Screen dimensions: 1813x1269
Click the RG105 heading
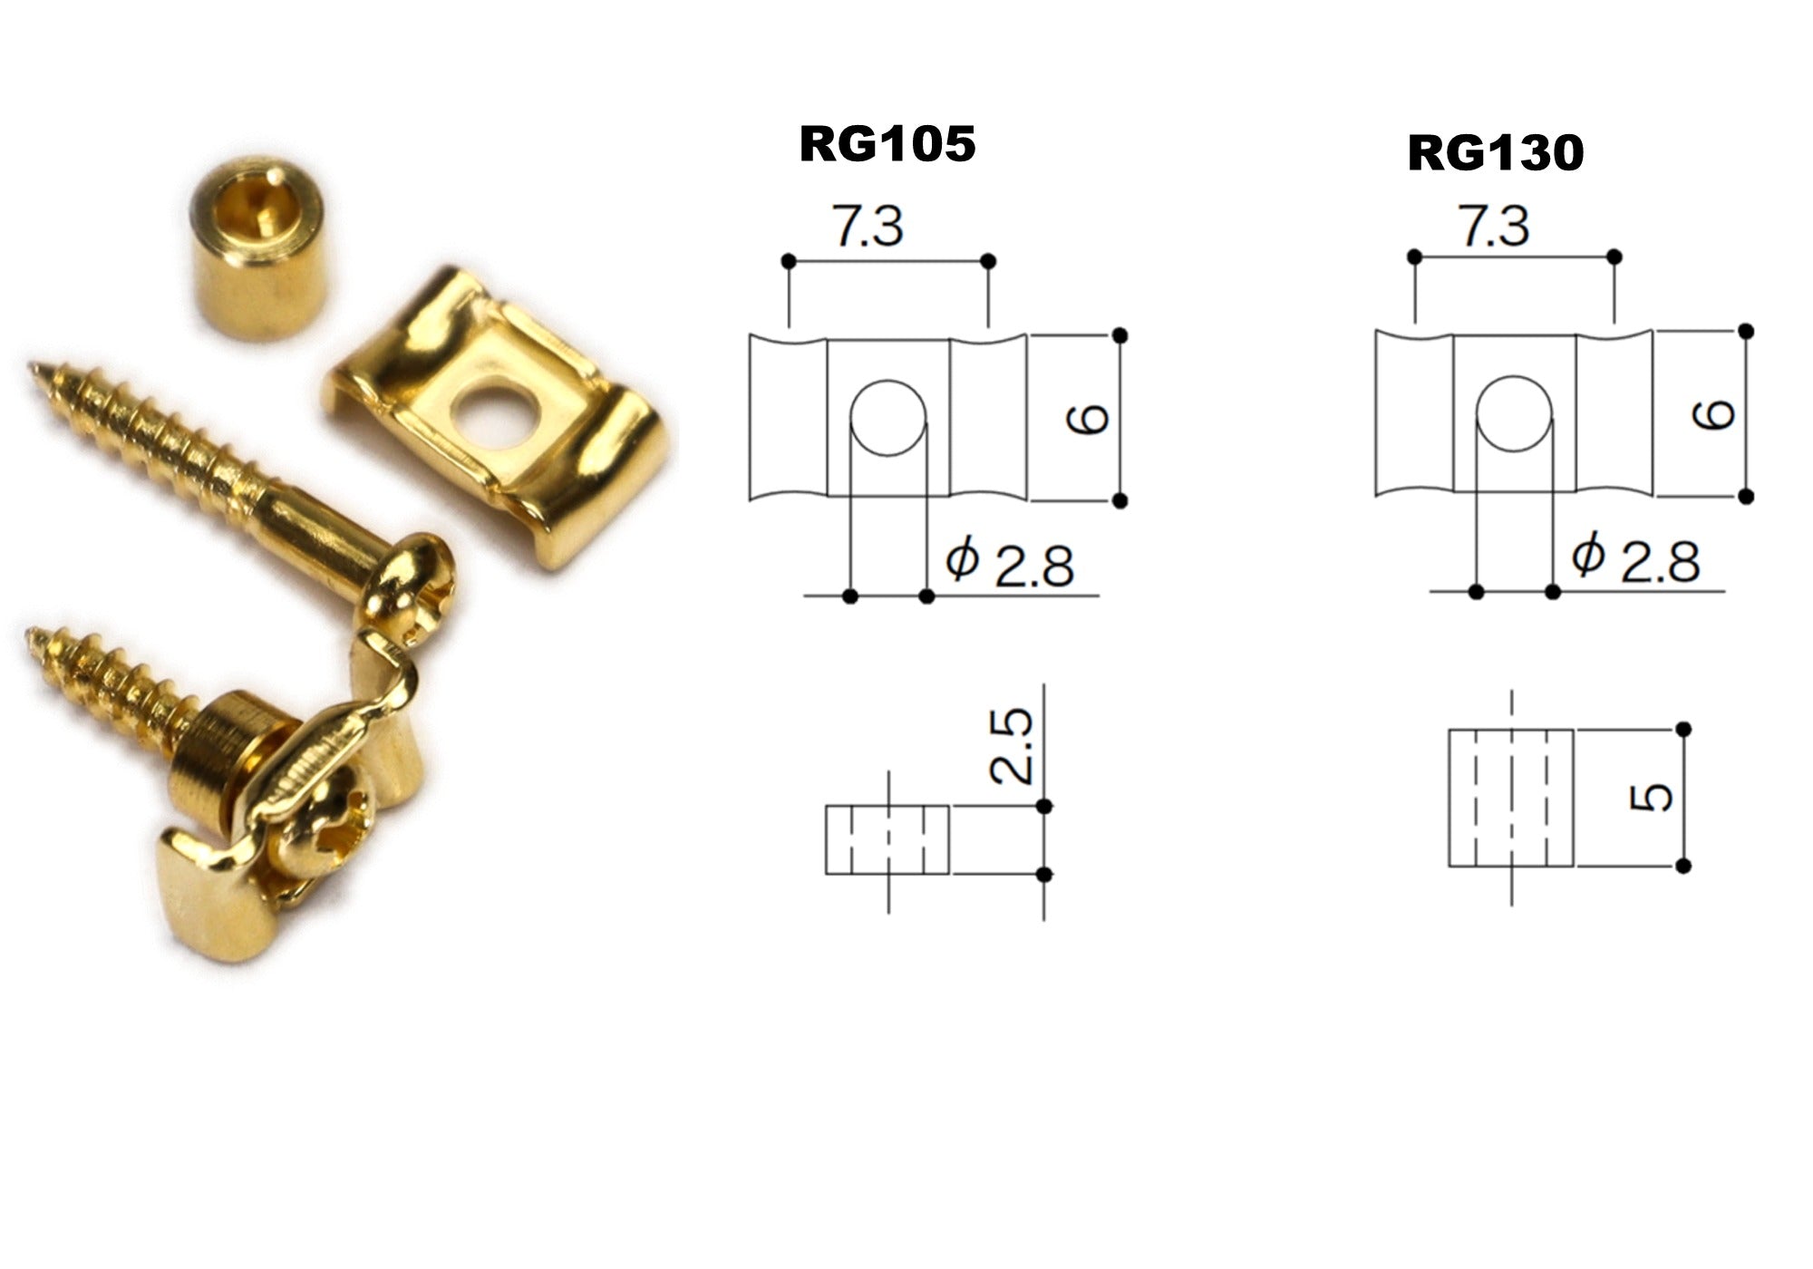click(x=887, y=144)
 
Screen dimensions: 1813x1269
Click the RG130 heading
click(x=1496, y=153)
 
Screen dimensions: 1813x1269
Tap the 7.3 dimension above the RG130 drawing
click(x=1495, y=226)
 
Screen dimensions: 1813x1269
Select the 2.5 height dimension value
click(x=1011, y=746)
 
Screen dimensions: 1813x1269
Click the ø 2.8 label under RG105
click(x=1009, y=564)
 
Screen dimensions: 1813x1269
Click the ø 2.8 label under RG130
click(x=1635, y=559)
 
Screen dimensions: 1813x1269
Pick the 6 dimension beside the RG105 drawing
click(x=1088, y=420)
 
